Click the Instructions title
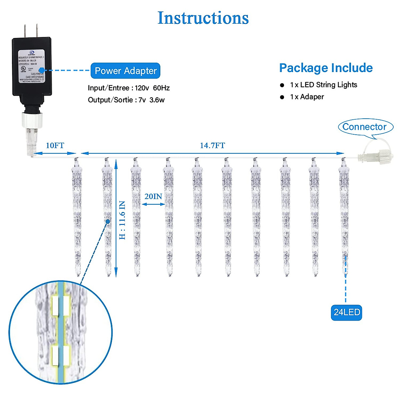pyautogui.click(x=203, y=18)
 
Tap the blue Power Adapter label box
pyautogui.click(x=125, y=71)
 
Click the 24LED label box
pyautogui.click(x=346, y=312)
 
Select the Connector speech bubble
pyautogui.click(x=365, y=127)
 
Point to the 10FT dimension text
pyautogui.click(x=55, y=146)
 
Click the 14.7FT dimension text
pyautogui.click(x=212, y=146)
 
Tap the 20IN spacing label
pyautogui.click(x=153, y=196)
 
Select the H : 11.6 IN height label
pyautogui.click(x=122, y=220)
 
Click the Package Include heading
pyautogui.click(x=326, y=68)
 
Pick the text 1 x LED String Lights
pyautogui.click(x=323, y=85)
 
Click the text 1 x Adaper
pyautogui.click(x=307, y=97)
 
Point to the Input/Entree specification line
pyautogui.click(x=129, y=88)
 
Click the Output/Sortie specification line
pyautogui.click(x=126, y=100)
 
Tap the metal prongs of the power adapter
pyautogui.click(x=31, y=31)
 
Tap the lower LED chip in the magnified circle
pyautogui.click(x=61, y=355)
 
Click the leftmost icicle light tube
pyautogui.click(x=77, y=217)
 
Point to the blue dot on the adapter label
pyautogui.click(x=42, y=70)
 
